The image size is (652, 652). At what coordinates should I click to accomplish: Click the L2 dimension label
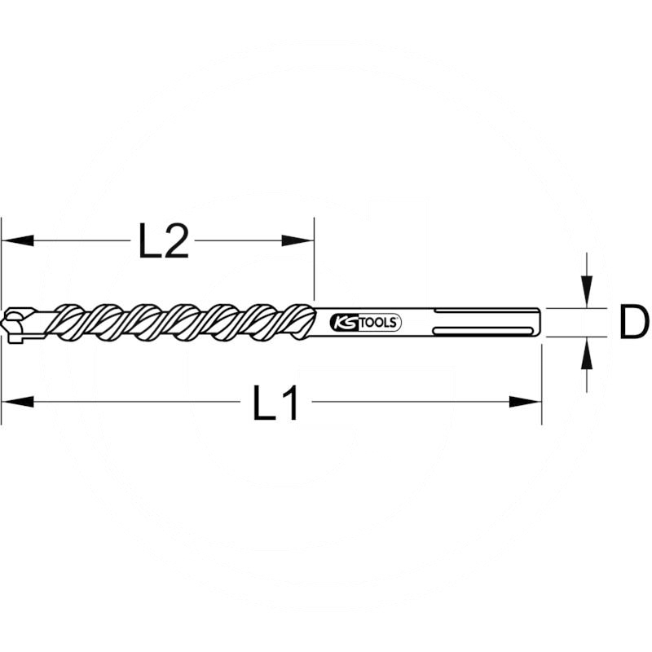point(163,241)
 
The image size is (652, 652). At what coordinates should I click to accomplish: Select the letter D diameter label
point(633,322)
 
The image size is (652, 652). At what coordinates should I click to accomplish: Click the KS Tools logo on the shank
point(366,322)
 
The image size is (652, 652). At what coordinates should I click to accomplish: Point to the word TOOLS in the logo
point(377,322)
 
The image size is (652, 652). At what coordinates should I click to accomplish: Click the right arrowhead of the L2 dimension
point(297,240)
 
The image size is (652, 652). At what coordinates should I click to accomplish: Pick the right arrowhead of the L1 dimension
point(525,401)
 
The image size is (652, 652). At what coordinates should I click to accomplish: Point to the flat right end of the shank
point(540,321)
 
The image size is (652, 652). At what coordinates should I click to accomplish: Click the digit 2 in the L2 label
point(176,241)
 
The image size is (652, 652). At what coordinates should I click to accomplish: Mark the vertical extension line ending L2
point(314,261)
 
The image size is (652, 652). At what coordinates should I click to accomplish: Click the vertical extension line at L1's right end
point(541,383)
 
